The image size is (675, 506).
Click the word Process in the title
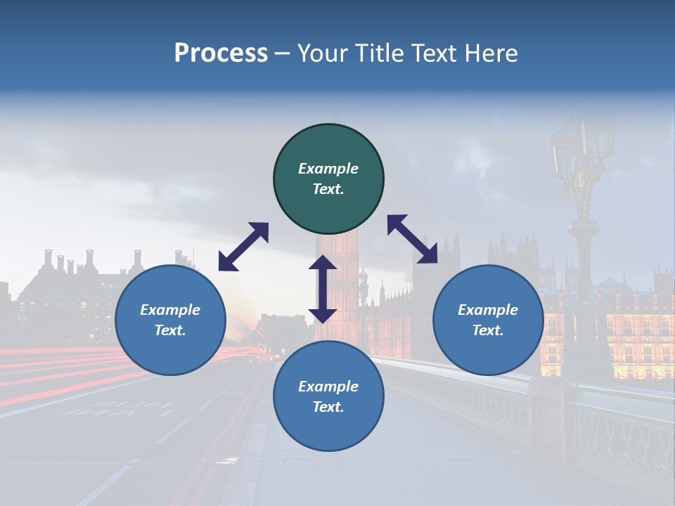221,53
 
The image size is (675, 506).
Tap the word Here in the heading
491,53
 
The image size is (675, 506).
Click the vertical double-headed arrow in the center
323,289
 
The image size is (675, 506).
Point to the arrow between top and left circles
243,247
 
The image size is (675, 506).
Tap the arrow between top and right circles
413,239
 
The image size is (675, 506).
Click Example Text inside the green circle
328,179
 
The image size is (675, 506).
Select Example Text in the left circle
170,320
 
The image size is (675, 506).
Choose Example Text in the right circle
488,320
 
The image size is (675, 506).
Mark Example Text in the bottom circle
328,396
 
